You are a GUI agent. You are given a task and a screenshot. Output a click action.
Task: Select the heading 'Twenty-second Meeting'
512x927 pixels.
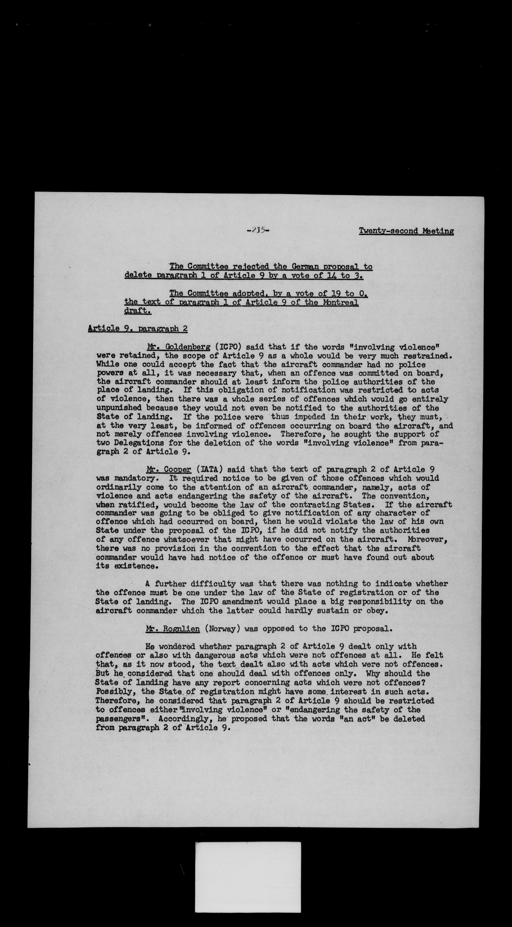406,231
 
